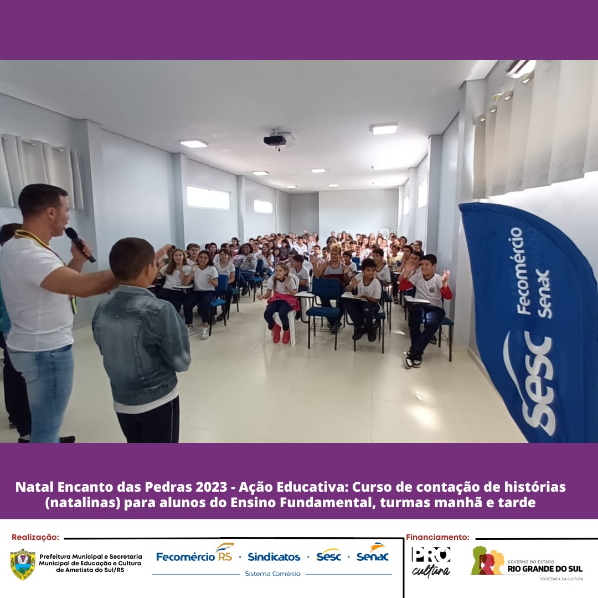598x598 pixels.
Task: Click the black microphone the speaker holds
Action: (80, 244)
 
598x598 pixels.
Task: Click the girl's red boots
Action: (281, 334)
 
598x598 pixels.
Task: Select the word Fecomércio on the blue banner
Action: (520, 271)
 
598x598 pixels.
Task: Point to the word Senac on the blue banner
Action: (544, 293)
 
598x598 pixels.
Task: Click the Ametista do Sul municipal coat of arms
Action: (23, 564)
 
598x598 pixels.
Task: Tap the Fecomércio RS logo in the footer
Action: (195, 554)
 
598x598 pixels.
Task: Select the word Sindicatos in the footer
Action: (274, 557)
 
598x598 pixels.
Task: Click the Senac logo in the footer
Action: (372, 554)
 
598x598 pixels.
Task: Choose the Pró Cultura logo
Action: (431, 561)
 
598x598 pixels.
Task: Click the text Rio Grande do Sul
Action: (545, 569)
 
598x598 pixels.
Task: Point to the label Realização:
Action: (35, 537)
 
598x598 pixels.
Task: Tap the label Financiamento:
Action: (437, 537)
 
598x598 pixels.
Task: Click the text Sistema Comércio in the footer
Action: (272, 574)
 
